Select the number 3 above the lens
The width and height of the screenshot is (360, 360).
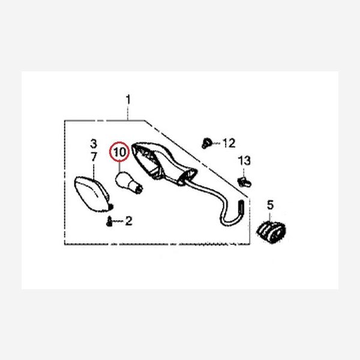(x=93, y=144)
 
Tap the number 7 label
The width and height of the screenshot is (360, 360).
(x=93, y=157)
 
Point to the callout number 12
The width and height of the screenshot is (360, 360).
(x=229, y=143)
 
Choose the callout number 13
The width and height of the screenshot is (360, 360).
(x=244, y=161)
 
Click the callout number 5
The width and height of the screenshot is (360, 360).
(x=270, y=205)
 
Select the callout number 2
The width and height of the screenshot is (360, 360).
(x=129, y=221)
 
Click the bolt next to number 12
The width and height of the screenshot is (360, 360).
(x=206, y=142)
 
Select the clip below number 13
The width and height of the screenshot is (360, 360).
(x=243, y=179)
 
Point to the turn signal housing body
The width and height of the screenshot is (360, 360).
(x=159, y=162)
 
